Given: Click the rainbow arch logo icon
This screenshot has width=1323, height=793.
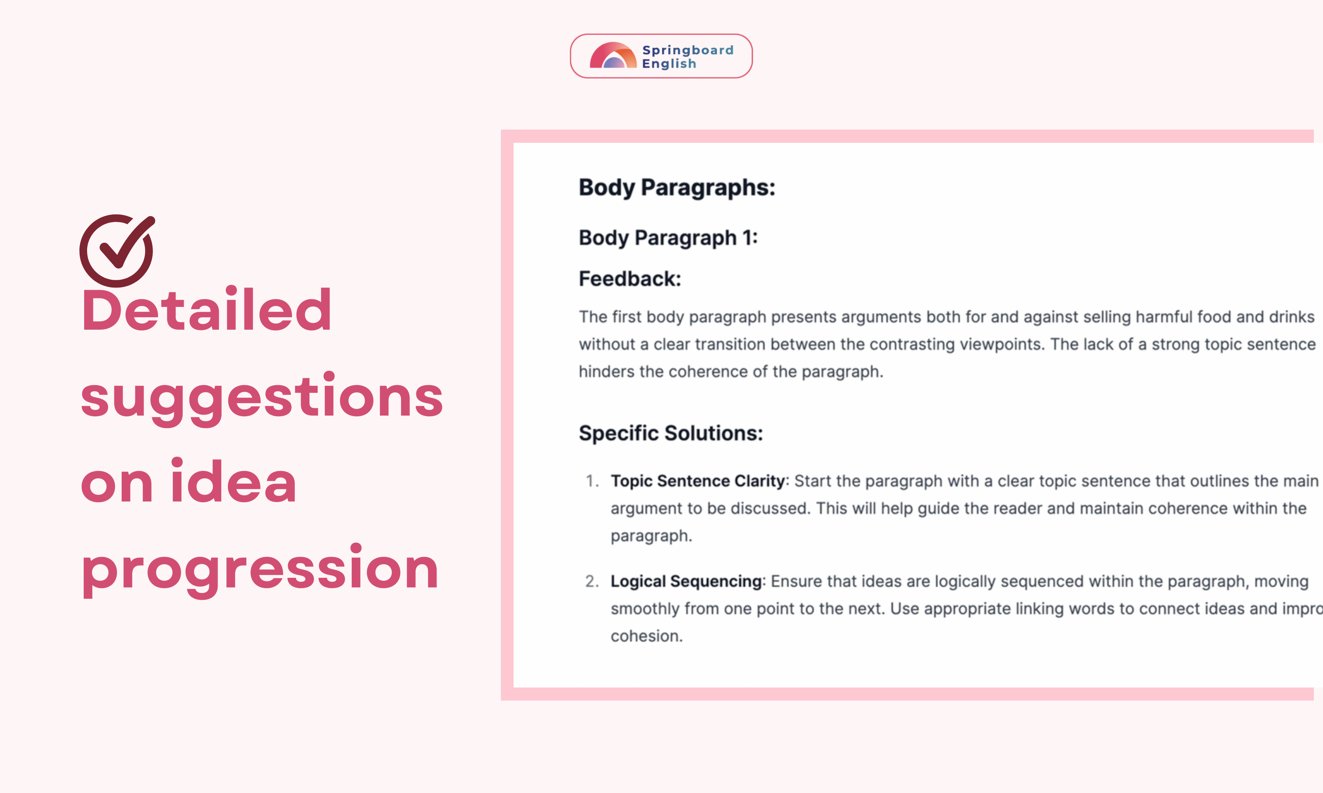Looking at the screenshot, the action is pyautogui.click(x=613, y=55).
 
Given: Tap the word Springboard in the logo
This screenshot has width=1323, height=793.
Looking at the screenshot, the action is pyautogui.click(x=688, y=50).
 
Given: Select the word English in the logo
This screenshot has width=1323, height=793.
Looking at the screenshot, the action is pyautogui.click(x=669, y=64).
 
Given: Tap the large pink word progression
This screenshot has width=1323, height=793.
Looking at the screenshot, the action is pyautogui.click(x=260, y=570).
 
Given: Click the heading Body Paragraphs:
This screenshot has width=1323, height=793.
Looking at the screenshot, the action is pyautogui.click(x=677, y=188).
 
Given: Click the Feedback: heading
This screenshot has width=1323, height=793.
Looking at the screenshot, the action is pyautogui.click(x=630, y=279).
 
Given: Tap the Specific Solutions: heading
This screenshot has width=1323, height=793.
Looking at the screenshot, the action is pyautogui.click(x=671, y=433).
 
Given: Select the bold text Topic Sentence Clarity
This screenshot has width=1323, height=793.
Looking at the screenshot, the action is pyautogui.click(x=697, y=481).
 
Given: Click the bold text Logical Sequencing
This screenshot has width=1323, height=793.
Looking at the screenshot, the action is pyautogui.click(x=686, y=582).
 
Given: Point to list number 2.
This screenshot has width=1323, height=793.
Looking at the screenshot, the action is pyautogui.click(x=591, y=582).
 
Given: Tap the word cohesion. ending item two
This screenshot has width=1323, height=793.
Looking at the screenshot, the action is pyautogui.click(x=646, y=636).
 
